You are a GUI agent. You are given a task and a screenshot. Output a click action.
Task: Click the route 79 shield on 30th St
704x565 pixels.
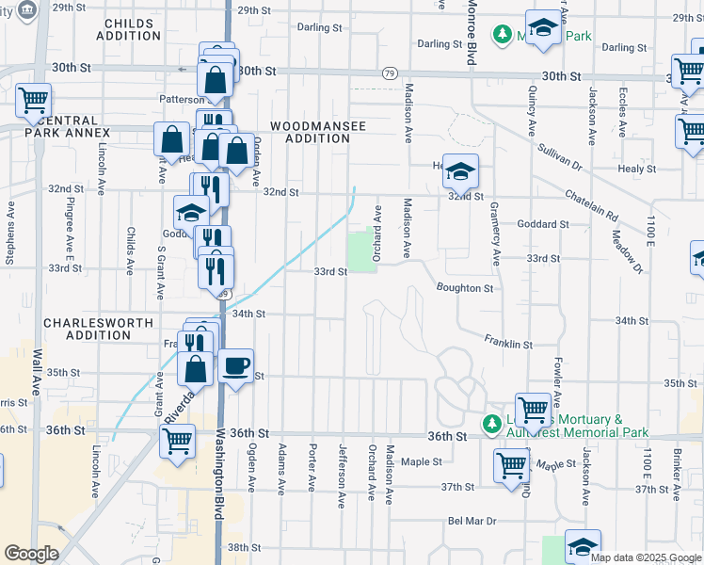pyautogui.click(x=390, y=73)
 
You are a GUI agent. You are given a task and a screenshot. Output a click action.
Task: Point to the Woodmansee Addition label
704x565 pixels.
pyautogui.click(x=311, y=132)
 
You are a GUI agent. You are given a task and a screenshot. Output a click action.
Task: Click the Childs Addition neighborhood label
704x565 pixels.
pyautogui.click(x=133, y=29)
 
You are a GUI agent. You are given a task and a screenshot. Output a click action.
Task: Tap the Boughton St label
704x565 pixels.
pyautogui.click(x=465, y=288)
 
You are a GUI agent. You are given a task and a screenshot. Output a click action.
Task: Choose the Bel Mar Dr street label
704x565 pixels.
pyautogui.click(x=472, y=521)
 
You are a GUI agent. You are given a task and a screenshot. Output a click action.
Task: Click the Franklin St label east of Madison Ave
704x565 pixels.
pyautogui.click(x=509, y=344)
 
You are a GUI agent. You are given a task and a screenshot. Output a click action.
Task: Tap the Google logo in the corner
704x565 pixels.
pyautogui.click(x=31, y=554)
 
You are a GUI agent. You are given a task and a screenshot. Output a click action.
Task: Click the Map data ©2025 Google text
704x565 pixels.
pyautogui.click(x=646, y=557)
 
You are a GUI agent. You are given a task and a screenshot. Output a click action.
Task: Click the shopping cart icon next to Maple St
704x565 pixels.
pyautogui.click(x=511, y=465)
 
